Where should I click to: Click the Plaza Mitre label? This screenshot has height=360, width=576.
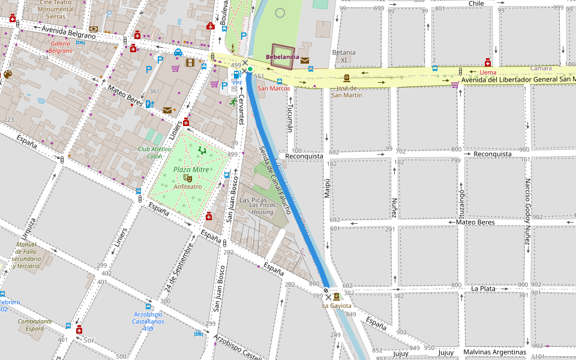tap(191, 170)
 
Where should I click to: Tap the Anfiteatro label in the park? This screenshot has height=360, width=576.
tap(188, 187)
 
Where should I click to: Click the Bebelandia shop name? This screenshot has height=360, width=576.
tap(282, 58)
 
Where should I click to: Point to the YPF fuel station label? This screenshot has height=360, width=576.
tap(237, 83)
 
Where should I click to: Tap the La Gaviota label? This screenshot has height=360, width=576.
tap(337, 305)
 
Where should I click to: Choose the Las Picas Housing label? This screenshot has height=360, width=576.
tap(261, 208)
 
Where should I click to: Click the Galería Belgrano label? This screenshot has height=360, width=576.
tap(61, 47)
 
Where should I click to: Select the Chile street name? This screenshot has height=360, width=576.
tap(476, 4)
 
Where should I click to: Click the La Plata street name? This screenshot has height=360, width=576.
tap(483, 289)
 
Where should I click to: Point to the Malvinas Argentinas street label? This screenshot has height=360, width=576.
tap(494, 352)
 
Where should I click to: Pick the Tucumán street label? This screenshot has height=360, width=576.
tap(290, 117)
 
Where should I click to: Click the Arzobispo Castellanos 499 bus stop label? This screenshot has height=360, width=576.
tap(149, 317)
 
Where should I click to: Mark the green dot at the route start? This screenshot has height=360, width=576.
tap(250, 69)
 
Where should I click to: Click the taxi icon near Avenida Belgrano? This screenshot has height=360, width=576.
tap(178, 52)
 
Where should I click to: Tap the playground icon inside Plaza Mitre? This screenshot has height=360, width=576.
tap(202, 151)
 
